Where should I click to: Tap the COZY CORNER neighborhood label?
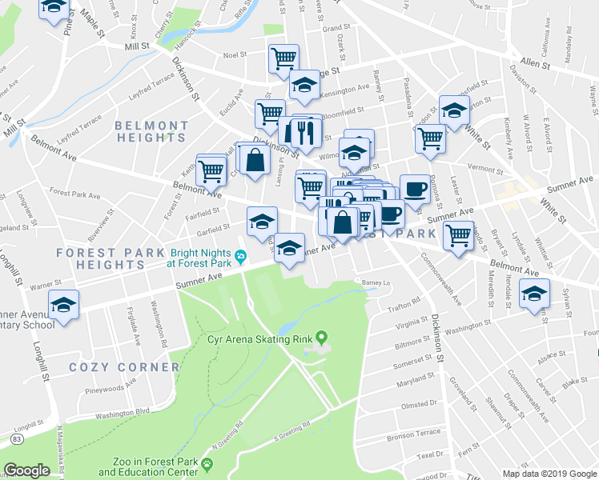point(124,367)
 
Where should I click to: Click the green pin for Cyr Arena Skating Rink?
point(322,338)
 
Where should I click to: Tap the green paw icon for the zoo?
point(207,463)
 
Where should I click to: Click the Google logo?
point(26,470)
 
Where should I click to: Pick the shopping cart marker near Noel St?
point(283,58)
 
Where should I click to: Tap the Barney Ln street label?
point(375,282)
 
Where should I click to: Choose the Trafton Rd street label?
point(405,302)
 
